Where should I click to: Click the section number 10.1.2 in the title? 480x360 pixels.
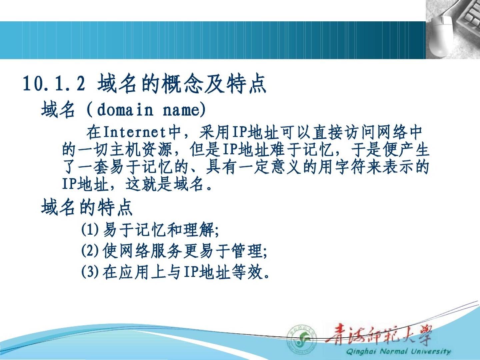54,83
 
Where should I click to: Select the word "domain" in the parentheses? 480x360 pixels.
125,110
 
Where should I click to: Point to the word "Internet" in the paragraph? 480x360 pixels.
134,133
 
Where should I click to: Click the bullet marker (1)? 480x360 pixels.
90,230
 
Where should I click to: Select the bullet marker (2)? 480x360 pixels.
90,251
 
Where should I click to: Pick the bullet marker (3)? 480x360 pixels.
90,272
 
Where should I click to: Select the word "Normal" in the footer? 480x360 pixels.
394,351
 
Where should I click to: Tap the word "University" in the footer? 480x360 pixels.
431,351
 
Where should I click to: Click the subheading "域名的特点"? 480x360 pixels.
87,207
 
